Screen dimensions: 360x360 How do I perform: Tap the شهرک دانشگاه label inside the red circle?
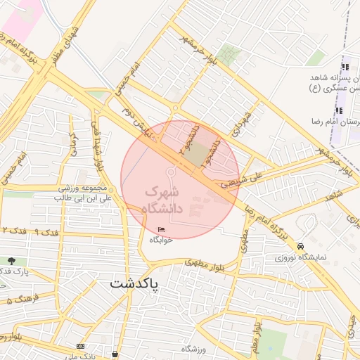pyautogui.click(x=162, y=200)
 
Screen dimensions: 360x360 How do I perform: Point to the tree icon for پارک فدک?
pyautogui.click(x=12, y=261)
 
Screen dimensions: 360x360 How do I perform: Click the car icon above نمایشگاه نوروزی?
pyautogui.click(x=301, y=246)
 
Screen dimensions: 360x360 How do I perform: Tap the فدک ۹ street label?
pyautogui.click(x=45, y=231)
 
